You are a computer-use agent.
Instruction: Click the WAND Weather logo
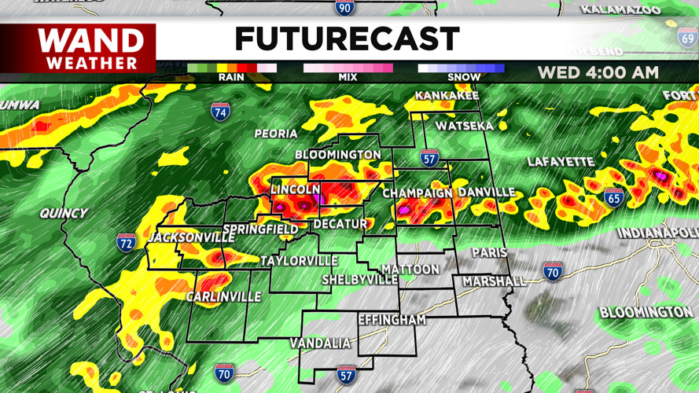[x=91, y=49]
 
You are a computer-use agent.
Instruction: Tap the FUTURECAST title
[x=347, y=39]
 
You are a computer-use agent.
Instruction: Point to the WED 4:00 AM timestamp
[x=598, y=72]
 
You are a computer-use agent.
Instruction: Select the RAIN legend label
[x=231, y=77]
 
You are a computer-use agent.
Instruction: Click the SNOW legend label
[x=464, y=77]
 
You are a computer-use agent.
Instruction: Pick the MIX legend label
[x=348, y=77]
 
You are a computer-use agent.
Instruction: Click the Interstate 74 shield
[x=221, y=112]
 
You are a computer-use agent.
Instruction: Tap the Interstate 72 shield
[x=126, y=242]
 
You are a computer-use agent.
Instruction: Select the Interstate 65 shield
[x=614, y=197]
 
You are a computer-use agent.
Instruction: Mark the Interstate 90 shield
[x=344, y=8]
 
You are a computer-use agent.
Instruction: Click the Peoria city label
[x=276, y=134]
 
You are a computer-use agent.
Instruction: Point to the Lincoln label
[x=296, y=189]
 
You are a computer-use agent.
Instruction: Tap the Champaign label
[x=418, y=193]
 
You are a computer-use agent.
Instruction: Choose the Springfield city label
[x=260, y=230]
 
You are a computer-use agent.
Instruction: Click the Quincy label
[x=64, y=213]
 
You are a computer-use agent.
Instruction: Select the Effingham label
[x=392, y=320]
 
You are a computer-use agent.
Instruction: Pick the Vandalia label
[x=320, y=343]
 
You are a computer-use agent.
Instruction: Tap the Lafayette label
[x=561, y=162]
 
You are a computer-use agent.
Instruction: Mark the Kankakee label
[x=447, y=96]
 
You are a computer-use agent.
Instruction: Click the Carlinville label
[x=223, y=297]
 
